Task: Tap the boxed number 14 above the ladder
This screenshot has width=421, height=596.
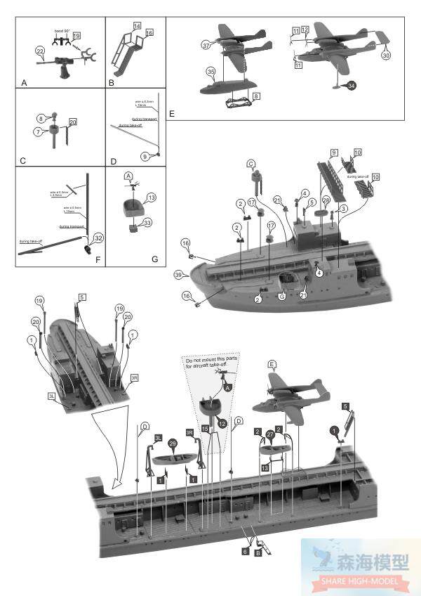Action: click(138, 25)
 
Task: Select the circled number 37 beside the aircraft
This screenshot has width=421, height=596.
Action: click(206, 46)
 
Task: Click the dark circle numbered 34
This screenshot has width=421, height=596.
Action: click(351, 85)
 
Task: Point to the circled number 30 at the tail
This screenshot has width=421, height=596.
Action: click(386, 55)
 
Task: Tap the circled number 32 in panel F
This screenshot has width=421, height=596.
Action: click(99, 238)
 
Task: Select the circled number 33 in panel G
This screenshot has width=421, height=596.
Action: click(148, 223)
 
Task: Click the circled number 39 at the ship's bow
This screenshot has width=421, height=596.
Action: click(178, 273)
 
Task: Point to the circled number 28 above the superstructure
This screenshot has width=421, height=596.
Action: click(326, 200)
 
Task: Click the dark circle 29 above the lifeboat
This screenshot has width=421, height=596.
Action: click(173, 443)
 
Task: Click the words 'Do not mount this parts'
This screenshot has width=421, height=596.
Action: click(213, 360)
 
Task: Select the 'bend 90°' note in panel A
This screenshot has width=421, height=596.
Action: click(65, 31)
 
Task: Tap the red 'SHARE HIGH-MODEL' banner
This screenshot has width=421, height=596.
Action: click(359, 581)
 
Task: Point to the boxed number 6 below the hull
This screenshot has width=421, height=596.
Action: click(245, 552)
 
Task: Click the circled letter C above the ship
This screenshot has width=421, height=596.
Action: click(250, 164)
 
